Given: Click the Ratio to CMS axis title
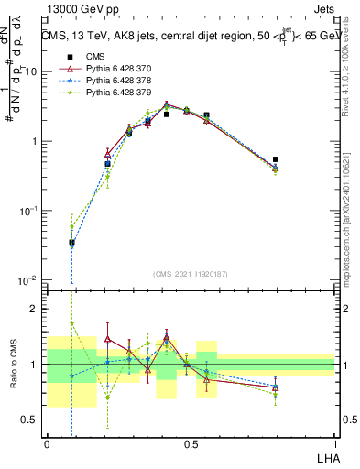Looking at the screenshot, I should click(x=13, y=364).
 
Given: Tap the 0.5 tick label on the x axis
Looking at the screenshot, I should click(x=191, y=443).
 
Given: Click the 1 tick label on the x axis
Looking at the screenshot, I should click(x=334, y=443).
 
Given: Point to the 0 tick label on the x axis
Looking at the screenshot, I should click(x=47, y=443).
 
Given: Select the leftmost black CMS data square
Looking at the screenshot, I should click(x=71, y=243).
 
